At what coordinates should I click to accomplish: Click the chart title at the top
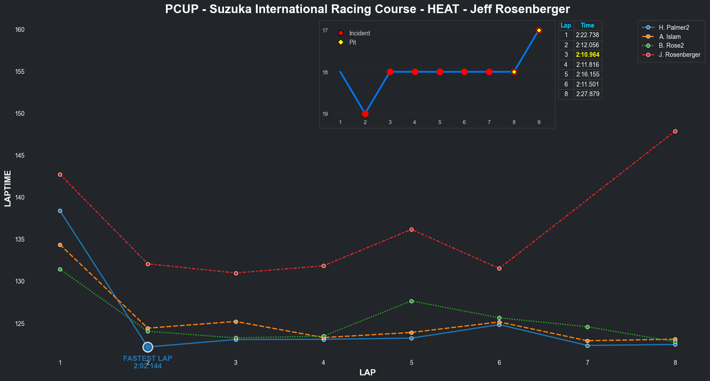tap(367, 9)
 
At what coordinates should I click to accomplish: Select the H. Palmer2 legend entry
tap(674, 28)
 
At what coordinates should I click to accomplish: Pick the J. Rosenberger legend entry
tap(679, 55)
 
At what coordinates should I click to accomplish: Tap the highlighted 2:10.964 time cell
tap(587, 55)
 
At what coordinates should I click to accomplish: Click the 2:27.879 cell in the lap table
tap(587, 94)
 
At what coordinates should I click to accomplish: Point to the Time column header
tap(587, 25)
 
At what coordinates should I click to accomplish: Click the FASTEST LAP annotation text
tap(148, 359)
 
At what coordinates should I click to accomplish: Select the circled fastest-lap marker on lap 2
tap(148, 347)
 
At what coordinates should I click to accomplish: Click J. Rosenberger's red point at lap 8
tap(675, 131)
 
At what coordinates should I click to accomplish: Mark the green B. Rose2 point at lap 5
tap(411, 301)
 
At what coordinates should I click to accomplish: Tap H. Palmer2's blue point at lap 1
tap(60, 211)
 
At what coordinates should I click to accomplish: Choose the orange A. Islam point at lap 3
tap(236, 322)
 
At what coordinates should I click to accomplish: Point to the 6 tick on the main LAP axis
tap(499, 363)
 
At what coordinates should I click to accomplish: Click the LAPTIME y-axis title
tap(7, 188)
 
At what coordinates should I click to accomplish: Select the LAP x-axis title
tap(367, 373)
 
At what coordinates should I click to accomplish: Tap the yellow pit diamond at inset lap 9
tap(539, 30)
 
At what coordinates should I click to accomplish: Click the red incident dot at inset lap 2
tap(365, 114)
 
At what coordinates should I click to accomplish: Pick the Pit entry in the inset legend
tap(352, 42)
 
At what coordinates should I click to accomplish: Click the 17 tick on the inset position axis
tap(325, 30)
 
